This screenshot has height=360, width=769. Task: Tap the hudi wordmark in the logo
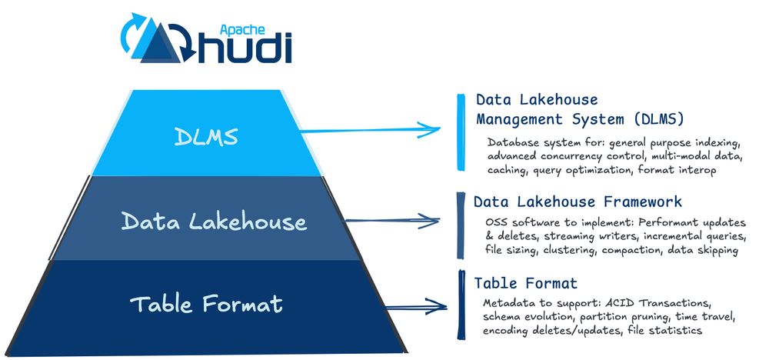click(x=245, y=45)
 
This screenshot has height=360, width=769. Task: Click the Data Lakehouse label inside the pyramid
click(x=214, y=222)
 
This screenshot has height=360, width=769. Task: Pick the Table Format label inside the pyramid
click(x=206, y=304)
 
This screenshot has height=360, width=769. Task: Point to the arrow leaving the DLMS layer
click(x=369, y=130)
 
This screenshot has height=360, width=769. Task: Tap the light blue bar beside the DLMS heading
click(x=460, y=132)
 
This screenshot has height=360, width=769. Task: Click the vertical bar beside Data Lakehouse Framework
click(x=460, y=225)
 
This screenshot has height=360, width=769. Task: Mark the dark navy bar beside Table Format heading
click(x=461, y=304)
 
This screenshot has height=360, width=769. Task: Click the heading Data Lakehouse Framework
click(x=578, y=202)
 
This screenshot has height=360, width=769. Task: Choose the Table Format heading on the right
click(x=525, y=283)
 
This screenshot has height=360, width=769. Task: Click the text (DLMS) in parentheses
click(x=653, y=119)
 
